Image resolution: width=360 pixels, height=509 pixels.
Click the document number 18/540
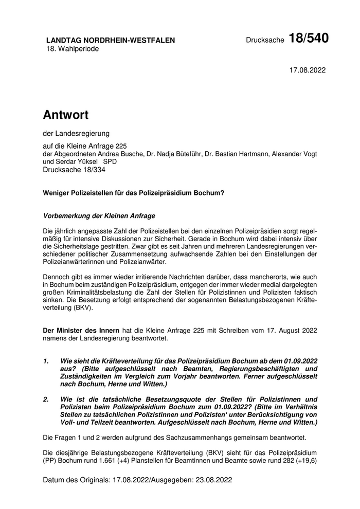309,38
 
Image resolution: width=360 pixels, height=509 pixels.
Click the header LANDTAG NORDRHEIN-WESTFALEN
111,40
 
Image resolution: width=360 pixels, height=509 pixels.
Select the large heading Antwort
66,114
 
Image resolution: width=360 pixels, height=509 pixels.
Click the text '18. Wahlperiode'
73,49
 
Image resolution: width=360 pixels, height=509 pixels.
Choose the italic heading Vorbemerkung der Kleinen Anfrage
99,216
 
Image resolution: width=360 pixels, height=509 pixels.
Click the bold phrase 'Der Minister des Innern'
81,331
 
